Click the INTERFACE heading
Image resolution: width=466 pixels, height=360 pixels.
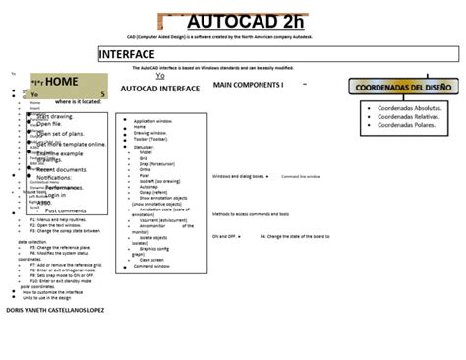[127, 53]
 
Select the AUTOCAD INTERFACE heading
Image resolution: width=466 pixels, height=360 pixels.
[159, 89]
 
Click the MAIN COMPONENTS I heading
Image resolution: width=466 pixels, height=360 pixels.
[248, 85]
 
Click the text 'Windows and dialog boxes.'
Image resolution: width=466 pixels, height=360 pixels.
[238, 177]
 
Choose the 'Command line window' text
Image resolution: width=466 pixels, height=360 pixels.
[302, 177]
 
